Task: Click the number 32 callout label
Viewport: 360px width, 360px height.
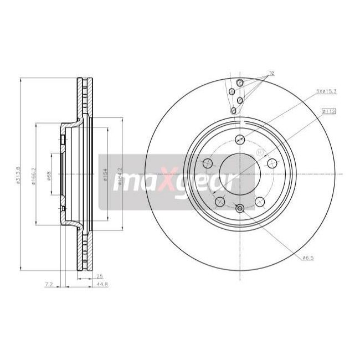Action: (x=271, y=73)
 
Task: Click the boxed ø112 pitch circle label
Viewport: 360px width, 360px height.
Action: (x=328, y=111)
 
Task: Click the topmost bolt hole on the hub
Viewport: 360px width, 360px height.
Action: (x=239, y=139)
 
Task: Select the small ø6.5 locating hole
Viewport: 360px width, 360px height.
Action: (x=239, y=208)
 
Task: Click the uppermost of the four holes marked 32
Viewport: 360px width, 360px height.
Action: (x=240, y=83)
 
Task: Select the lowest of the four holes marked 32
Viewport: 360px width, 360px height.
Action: (x=234, y=111)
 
